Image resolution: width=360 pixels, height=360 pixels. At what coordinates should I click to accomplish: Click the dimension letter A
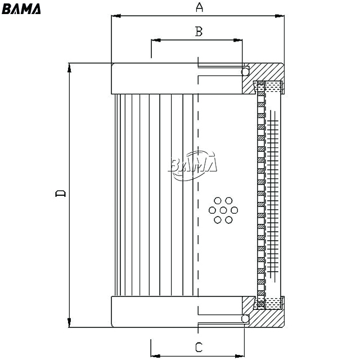pyautogui.click(x=199, y=7)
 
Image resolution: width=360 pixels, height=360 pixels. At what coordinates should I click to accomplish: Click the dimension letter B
pyautogui.click(x=199, y=31)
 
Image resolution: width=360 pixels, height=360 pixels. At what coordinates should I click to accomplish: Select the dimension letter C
pyautogui.click(x=199, y=347)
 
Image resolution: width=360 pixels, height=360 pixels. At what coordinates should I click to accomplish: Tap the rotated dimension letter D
pyautogui.click(x=61, y=193)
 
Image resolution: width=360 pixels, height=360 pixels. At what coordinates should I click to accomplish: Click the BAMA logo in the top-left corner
pyautogui.click(x=21, y=9)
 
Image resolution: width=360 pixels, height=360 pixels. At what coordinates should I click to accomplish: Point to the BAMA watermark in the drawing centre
pyautogui.click(x=193, y=165)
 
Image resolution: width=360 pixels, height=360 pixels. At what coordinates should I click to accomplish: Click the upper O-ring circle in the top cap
pyautogui.click(x=245, y=71)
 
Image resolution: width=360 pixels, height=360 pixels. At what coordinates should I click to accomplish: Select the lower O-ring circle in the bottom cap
pyautogui.click(x=245, y=318)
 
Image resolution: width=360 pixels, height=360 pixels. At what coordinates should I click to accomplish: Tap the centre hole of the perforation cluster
pyautogui.click(x=223, y=210)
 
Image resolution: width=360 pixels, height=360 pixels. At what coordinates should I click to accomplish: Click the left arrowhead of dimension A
pyautogui.click(x=116, y=16)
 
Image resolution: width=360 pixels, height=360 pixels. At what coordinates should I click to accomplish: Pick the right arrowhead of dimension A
pyautogui.click(x=280, y=16)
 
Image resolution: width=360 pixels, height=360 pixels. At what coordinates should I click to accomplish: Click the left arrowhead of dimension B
pyautogui.click(x=156, y=40)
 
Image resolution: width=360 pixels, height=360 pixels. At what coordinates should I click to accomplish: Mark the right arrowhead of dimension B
pyautogui.click(x=237, y=40)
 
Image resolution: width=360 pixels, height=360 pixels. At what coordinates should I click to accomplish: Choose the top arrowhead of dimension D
pyautogui.click(x=69, y=67)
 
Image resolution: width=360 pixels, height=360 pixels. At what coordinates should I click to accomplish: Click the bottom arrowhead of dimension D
pyautogui.click(x=69, y=323)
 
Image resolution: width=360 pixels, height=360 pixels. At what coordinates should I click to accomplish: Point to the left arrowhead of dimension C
pyautogui.click(x=155, y=356)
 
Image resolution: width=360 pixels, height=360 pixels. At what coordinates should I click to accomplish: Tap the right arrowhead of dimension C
pyautogui.click(x=240, y=356)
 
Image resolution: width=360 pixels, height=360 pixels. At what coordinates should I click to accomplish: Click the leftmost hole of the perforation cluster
pyautogui.click(x=212, y=210)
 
